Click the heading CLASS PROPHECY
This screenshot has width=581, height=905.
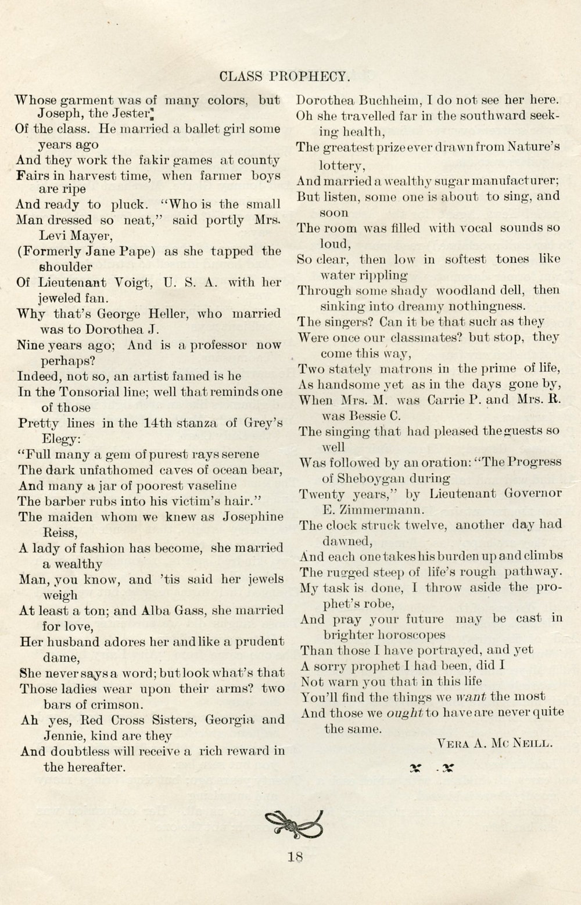point(285,77)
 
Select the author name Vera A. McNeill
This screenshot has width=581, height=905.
point(493,742)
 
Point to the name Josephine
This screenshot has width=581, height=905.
point(253,517)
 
